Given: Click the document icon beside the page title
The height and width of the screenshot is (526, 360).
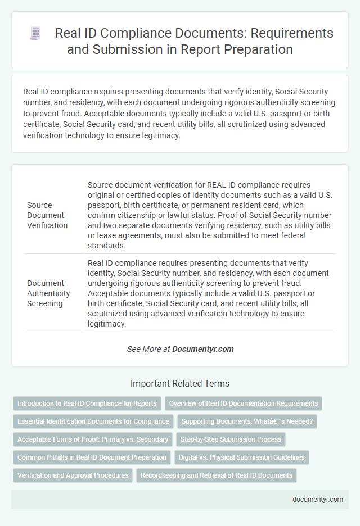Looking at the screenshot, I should pos(35,34).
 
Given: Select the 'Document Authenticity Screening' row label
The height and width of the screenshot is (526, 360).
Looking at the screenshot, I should pos(48,293).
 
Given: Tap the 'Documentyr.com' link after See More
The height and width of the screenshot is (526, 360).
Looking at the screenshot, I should pos(202,349).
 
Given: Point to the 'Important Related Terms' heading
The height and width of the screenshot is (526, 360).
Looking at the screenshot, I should pos(179,384).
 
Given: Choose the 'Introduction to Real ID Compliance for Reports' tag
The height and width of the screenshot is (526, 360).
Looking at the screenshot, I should pos(87,403).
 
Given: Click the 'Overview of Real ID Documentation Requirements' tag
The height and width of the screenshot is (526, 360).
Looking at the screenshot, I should pos(243,403).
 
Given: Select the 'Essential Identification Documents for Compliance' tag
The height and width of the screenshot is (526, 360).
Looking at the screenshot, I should pos(93,421).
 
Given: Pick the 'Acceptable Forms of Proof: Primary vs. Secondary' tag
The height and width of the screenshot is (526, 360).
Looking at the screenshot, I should pos(93,439).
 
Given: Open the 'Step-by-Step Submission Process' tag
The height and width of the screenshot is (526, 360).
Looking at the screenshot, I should pos(231,439).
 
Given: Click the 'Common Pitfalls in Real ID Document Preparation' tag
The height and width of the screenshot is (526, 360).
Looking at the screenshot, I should pos(92,457).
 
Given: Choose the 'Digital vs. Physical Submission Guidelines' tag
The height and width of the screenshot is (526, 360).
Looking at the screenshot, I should pos(242,457).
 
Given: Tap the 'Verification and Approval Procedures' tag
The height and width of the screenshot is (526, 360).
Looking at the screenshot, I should pos(73,475).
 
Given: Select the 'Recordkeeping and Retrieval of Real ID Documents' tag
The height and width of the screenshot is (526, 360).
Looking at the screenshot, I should pos(216,475).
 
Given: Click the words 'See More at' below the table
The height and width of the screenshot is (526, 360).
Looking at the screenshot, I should pos(148,349).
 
